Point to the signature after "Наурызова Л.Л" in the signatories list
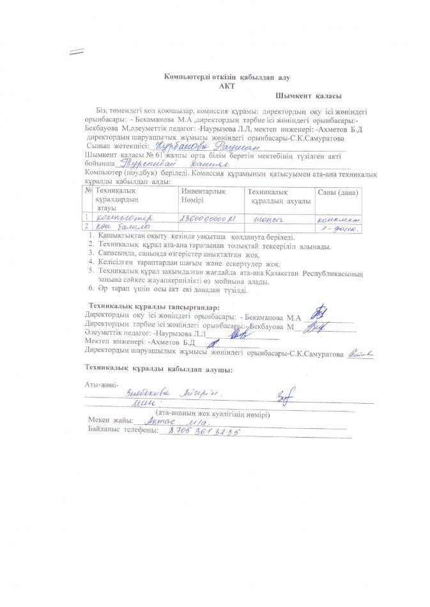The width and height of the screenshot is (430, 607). tap(239, 334)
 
